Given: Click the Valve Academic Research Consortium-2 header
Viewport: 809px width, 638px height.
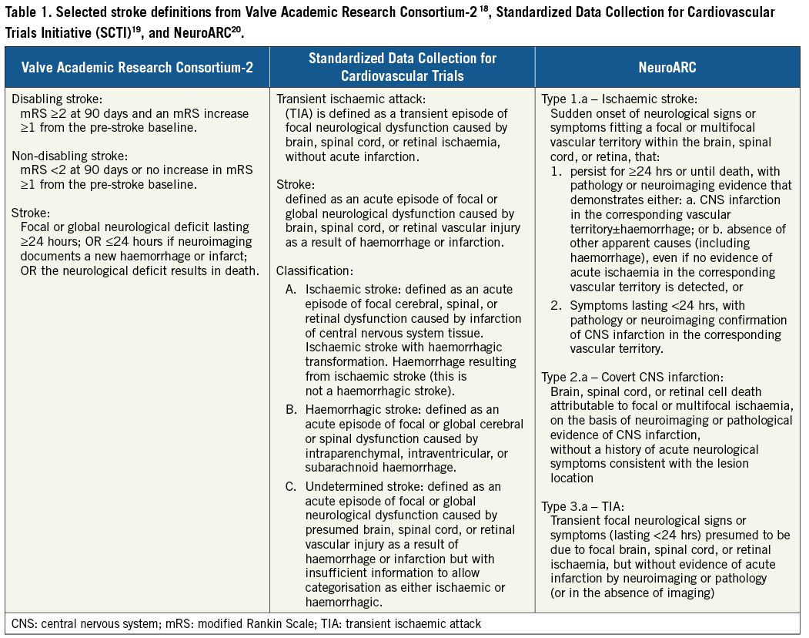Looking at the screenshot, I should (137, 67).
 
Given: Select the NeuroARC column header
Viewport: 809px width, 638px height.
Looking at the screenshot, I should (667, 67).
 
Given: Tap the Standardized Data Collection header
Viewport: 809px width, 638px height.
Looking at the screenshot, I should (402, 67).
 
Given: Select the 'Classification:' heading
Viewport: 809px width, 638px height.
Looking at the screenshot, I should (315, 270).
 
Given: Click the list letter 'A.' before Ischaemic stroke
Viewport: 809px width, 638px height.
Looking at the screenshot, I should (291, 290).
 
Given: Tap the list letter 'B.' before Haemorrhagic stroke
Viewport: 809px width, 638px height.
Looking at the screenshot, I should (291, 409).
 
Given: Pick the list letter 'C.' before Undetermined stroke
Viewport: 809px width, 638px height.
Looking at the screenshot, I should (291, 487).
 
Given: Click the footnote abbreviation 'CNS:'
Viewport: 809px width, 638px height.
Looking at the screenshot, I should (24, 623).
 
